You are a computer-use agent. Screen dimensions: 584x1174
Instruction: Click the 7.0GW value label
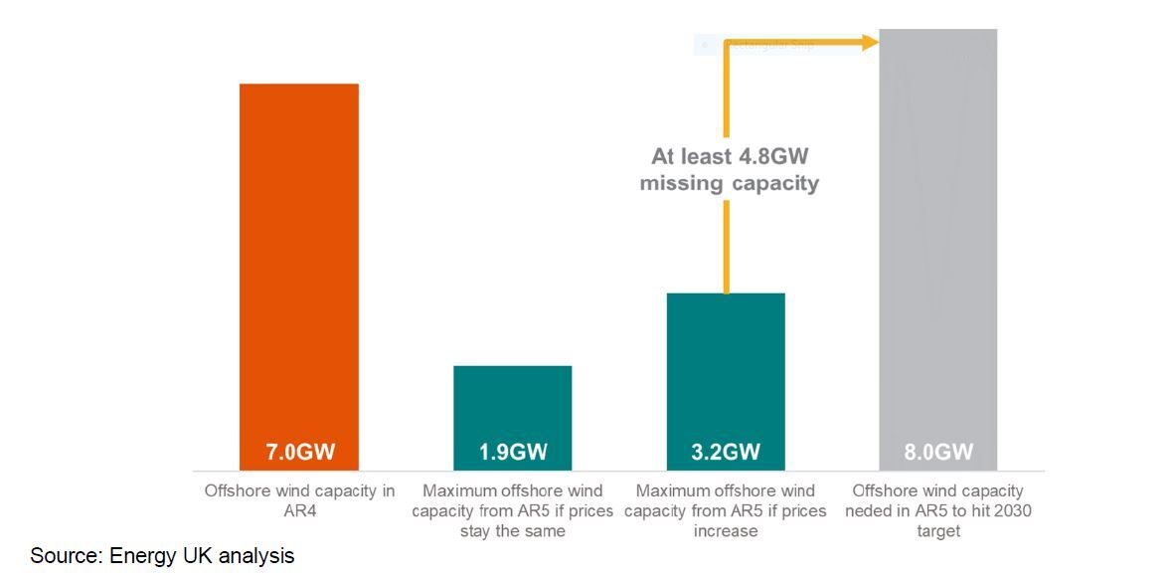(298, 453)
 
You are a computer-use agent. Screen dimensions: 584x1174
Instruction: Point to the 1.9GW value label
(512, 453)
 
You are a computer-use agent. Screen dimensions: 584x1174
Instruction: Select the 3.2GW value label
(726, 453)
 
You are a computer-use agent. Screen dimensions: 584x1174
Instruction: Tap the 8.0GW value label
(938, 453)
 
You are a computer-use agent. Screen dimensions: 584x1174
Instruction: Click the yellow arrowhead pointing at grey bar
(871, 42)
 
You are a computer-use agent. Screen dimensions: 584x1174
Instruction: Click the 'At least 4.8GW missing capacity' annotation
(729, 170)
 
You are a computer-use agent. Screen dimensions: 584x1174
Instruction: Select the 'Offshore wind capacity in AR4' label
(299, 500)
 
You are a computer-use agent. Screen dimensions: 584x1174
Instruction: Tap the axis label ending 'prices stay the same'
(512, 510)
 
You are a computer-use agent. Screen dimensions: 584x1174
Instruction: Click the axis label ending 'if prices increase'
(726, 510)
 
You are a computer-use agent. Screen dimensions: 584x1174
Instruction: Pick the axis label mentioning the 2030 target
(938, 510)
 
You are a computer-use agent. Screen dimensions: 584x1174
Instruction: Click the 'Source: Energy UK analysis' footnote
(162, 556)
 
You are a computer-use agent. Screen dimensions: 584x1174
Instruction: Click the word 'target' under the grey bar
(938, 531)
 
